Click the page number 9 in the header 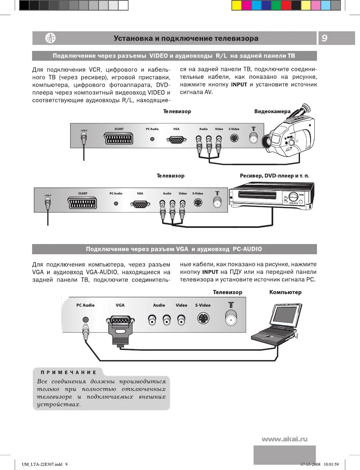[x=325, y=38]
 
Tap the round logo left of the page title [x=50, y=38]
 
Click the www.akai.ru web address [x=285, y=439]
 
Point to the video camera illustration [x=291, y=132]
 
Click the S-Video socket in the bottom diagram [x=203, y=319]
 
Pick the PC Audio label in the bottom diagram [x=85, y=305]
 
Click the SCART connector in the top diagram [x=119, y=138]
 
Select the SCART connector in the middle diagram [x=83, y=203]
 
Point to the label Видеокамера [x=272, y=111]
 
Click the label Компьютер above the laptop [x=285, y=292]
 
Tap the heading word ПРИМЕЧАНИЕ [x=68, y=372]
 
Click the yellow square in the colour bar [x=236, y=5]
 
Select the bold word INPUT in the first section [x=239, y=85]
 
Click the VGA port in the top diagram [x=176, y=140]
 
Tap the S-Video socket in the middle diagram [x=198, y=203]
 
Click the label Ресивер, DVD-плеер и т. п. [x=274, y=176]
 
